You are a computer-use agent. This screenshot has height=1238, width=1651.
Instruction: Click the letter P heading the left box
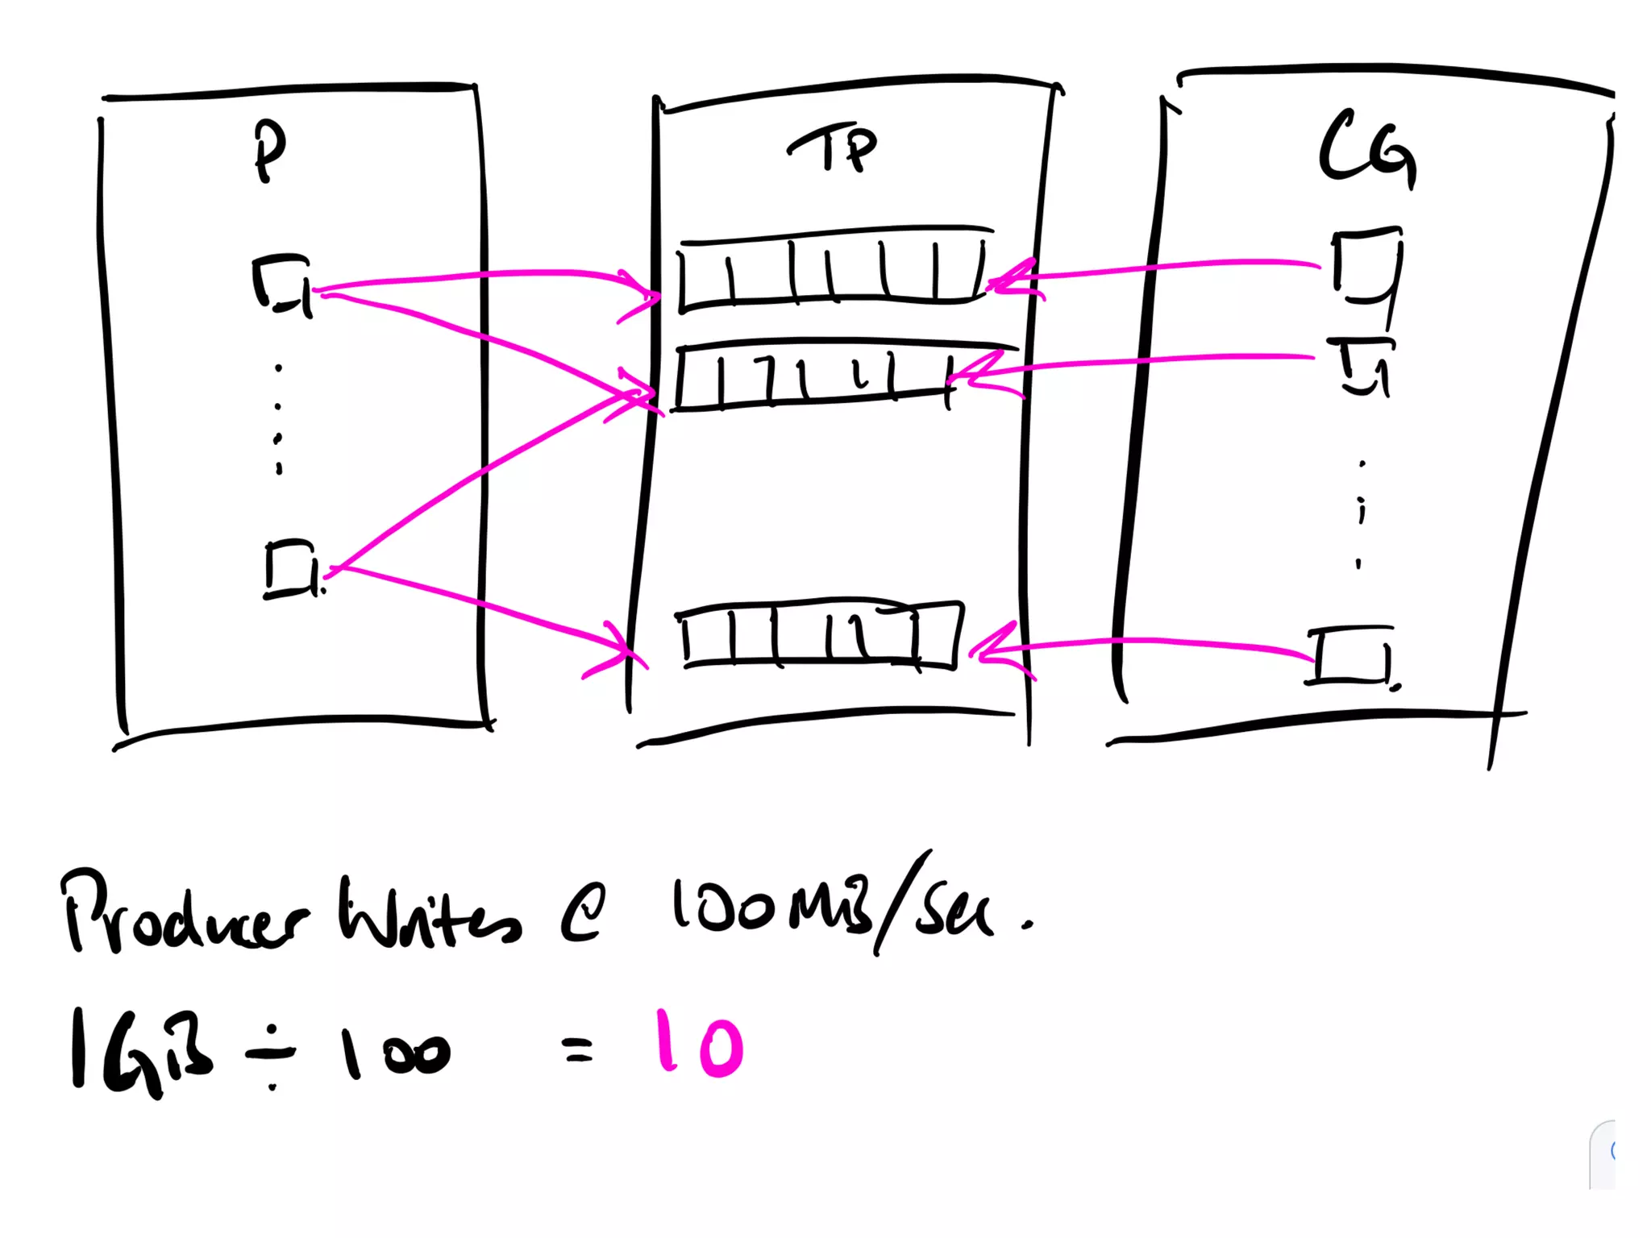269,151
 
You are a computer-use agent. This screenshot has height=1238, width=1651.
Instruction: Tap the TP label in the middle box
834,148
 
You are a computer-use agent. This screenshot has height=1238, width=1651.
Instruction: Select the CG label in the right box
1368,151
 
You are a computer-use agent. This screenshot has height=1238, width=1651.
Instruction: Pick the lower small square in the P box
291,569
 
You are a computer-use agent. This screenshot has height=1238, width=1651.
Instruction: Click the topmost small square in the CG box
1366,266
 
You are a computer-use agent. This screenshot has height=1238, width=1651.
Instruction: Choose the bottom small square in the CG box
1350,656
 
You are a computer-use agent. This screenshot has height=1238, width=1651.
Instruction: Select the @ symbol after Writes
582,916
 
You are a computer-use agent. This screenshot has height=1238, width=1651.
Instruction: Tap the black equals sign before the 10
578,1049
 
